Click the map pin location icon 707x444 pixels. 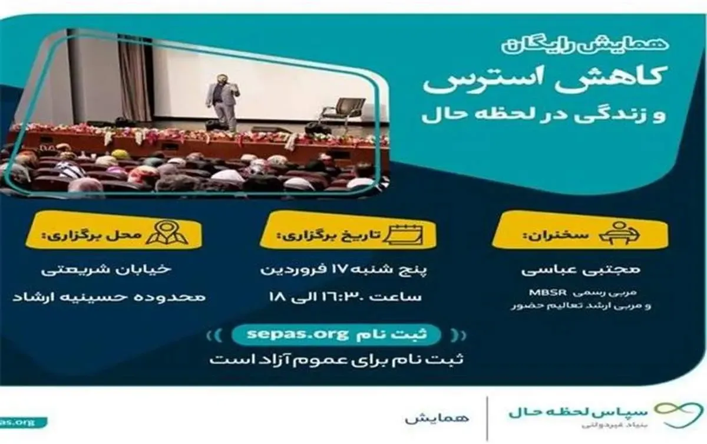pos(167,233)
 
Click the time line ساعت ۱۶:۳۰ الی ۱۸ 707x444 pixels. pos(345,296)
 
